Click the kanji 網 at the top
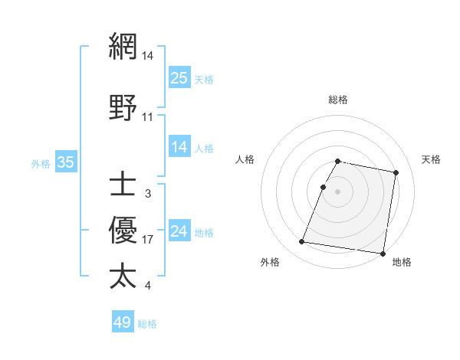[123, 46]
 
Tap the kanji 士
[123, 184]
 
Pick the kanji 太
[123, 276]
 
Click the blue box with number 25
[179, 77]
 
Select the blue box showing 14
[179, 147]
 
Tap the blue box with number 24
[179, 232]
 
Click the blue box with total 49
[123, 322]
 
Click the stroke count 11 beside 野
[148, 117]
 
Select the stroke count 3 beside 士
[147, 194]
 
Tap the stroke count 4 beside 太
[147, 286]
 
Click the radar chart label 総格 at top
[337, 100]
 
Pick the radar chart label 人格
[245, 159]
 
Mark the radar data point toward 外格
[302, 242]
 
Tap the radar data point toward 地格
[382, 253]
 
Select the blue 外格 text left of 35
[41, 163]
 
